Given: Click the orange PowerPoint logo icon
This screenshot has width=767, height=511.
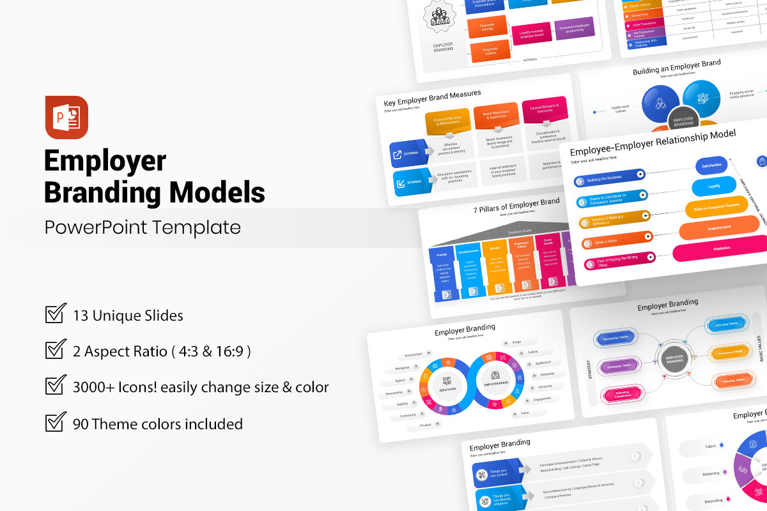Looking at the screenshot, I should [66, 118].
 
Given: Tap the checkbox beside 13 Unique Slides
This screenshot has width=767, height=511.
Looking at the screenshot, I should [56, 314].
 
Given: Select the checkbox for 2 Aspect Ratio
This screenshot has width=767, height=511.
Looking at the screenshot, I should [56, 350].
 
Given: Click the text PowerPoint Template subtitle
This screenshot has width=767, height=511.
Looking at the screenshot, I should [143, 227].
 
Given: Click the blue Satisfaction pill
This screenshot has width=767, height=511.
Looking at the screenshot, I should [711, 165].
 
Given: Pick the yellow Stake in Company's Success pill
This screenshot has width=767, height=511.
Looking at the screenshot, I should [716, 206].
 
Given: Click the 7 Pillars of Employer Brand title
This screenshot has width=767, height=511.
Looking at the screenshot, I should [516, 206].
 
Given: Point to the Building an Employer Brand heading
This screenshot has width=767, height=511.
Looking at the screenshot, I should [676, 67].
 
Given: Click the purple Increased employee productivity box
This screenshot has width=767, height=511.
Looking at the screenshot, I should [575, 29].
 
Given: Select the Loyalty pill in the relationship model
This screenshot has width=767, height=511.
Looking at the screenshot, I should [713, 187].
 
